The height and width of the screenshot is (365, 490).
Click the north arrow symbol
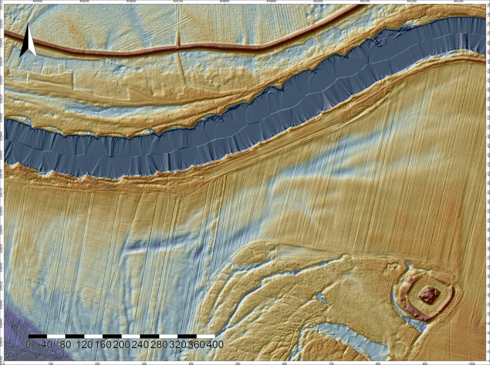pos(28,40)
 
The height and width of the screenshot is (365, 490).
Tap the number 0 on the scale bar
pos(28,344)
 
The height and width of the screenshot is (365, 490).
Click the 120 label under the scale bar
pos(84,344)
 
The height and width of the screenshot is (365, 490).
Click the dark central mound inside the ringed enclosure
pos(429,295)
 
